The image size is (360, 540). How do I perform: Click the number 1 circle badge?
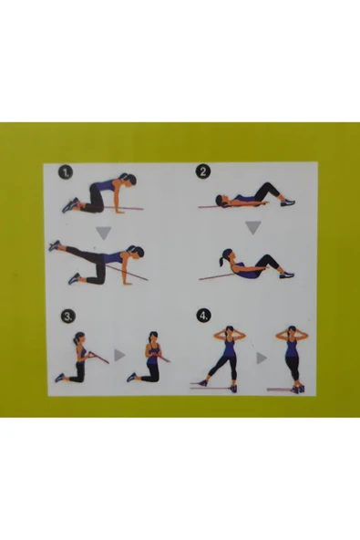coord(66,172)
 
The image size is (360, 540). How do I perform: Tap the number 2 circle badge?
coord(203,171)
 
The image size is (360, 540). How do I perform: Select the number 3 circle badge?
coord(68,317)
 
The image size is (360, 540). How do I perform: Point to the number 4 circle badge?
coord(203,316)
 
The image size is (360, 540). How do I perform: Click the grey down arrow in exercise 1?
coord(104,233)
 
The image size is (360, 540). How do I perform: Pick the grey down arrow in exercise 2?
coord(253,228)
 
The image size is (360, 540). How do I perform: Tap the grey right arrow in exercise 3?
coord(119,355)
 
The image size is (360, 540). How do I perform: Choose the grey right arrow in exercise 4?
coord(262,358)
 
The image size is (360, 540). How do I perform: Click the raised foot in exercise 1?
coord(55,245)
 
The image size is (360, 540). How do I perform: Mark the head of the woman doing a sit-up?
coord(227,255)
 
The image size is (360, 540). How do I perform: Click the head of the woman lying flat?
coord(221,201)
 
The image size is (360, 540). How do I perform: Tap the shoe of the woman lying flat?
coord(288,202)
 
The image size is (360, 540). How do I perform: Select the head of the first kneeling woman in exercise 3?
coord(79,337)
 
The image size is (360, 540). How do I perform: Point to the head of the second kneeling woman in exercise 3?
coord(153,337)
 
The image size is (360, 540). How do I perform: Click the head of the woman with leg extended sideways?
coord(230,331)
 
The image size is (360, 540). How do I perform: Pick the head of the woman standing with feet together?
coord(292,332)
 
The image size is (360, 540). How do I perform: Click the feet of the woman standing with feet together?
coord(298,389)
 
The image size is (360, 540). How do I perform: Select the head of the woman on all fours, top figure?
coord(129,180)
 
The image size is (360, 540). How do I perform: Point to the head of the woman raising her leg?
coord(137,253)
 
